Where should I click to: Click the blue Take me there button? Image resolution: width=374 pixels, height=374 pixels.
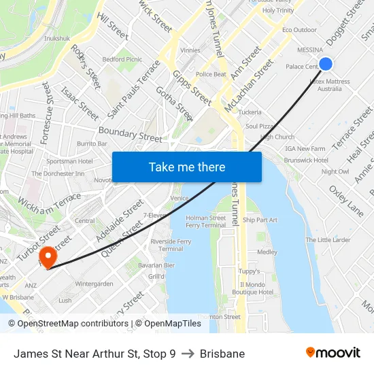[187, 167]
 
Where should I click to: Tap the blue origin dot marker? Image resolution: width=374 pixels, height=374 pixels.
[326, 64]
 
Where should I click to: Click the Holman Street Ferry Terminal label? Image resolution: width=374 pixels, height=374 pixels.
[206, 221]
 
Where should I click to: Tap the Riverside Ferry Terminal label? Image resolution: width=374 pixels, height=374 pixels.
[171, 245]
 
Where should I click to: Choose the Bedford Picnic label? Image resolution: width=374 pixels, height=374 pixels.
[122, 60]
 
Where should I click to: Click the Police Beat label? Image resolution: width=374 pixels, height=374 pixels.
[211, 74]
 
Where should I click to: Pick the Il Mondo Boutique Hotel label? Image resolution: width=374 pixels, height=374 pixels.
[252, 288]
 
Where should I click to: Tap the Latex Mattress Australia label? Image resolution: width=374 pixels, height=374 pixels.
[330, 85]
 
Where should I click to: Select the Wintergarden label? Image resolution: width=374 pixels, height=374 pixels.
[95, 284]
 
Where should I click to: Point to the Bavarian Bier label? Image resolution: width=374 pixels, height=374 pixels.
[156, 265]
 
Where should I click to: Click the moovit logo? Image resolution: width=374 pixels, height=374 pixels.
[333, 353]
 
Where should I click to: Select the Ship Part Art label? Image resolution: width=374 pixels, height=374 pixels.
[260, 220]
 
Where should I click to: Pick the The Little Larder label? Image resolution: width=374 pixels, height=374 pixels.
[328, 240]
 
